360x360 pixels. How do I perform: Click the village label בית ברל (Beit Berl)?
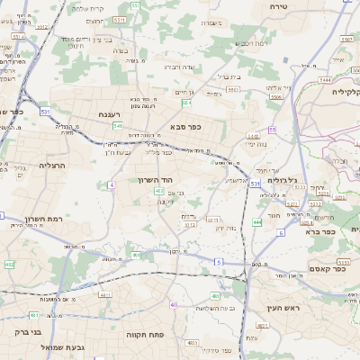pos(225,76)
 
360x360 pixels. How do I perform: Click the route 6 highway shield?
pos(280,232)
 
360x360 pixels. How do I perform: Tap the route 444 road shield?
pos(257,221)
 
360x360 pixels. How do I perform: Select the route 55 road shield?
pos(271,130)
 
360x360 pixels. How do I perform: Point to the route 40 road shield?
pos(173,304)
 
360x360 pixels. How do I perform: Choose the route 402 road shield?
pos(10,265)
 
